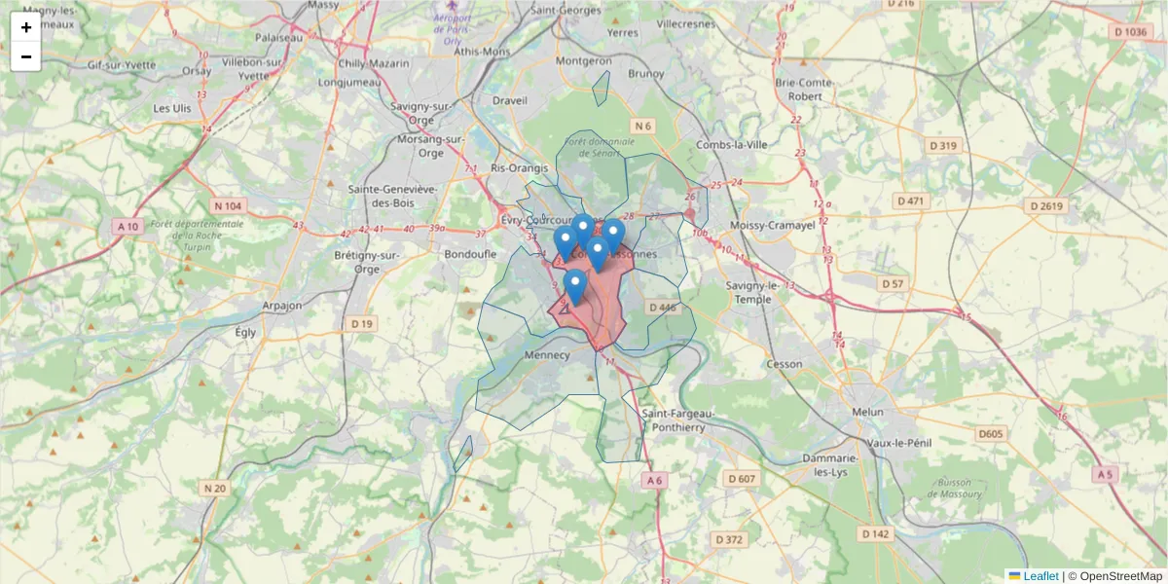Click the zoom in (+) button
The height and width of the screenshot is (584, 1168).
pos(25,27)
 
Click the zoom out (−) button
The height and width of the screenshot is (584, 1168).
pos(25,56)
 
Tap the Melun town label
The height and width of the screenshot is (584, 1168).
pos(867,412)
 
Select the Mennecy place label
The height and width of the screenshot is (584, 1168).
pos(546,355)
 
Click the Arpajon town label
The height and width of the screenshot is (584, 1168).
pos(282,306)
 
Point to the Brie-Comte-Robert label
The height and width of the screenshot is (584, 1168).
pos(805,90)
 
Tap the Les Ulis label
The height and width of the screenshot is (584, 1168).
pos(172,108)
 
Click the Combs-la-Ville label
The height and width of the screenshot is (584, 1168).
pos(732,145)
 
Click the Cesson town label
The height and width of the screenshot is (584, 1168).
pos(785,364)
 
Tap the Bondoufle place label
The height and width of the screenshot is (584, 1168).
pos(470,253)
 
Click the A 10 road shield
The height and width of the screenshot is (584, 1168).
pos(128,226)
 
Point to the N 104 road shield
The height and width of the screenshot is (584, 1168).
pos(227,205)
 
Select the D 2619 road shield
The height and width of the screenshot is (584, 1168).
pos(1046,205)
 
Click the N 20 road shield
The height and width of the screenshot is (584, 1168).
pos(215,488)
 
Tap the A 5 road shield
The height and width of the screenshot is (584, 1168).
pos(1103,474)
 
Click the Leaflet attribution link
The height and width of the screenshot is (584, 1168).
pos(1040,576)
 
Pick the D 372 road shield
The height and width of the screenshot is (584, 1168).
pos(728,538)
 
